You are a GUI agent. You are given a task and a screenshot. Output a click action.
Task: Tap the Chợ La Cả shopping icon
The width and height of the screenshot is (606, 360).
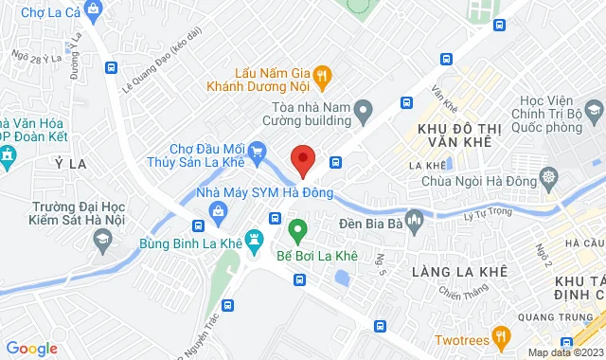click(92, 11)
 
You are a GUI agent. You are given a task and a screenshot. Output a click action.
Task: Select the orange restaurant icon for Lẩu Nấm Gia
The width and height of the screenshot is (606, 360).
click(322, 73)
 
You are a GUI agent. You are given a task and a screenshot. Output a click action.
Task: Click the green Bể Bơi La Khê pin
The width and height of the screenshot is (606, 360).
click(297, 229)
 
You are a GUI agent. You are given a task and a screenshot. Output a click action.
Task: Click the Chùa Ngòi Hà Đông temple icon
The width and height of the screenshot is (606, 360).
click(549, 177)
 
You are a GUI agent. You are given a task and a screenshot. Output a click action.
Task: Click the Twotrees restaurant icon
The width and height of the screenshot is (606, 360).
click(502, 338)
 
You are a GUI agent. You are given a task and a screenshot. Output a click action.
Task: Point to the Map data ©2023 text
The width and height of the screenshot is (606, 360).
click(564, 352)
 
